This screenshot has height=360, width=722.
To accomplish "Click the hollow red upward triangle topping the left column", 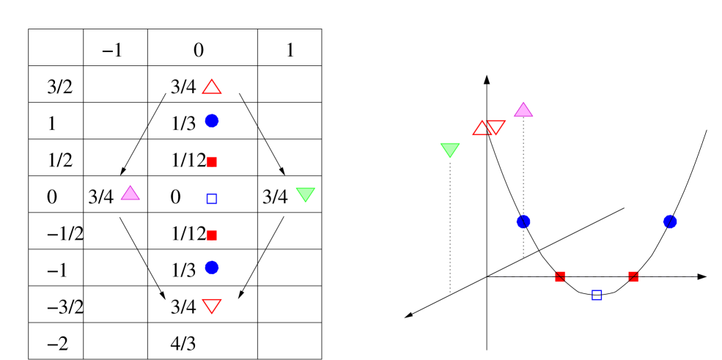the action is point(212,88).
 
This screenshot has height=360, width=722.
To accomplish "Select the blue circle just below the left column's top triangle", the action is point(212,121).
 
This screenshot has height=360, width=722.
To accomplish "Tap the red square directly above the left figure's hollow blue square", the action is point(212,162).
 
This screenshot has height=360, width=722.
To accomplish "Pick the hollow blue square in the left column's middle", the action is point(212,199).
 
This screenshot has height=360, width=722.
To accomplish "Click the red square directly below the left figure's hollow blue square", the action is point(212,235).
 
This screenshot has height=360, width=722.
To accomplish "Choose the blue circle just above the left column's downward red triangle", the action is point(212,268).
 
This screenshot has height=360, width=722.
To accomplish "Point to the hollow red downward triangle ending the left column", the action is point(212,305).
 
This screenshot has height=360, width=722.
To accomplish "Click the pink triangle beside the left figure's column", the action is point(130,194).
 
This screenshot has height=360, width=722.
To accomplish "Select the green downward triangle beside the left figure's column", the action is point(306,194).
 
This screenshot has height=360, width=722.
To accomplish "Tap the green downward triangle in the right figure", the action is point(450,150).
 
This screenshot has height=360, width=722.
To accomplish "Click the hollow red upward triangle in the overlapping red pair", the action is point(482,129).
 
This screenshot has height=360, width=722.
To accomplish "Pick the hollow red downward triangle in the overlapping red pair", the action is point(496,127).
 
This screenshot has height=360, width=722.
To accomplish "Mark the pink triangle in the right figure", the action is point(523,111).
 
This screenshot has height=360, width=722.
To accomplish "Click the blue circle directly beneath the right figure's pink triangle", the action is point(523,221).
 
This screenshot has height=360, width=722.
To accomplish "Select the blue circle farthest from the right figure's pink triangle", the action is point(670,221).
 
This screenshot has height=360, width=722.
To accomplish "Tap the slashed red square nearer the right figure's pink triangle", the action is point(560,276).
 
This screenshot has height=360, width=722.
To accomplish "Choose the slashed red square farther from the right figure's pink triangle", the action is point(633,276).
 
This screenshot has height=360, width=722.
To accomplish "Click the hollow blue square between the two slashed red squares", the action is point(597,295).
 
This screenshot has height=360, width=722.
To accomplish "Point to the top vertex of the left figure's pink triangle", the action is point(130,185).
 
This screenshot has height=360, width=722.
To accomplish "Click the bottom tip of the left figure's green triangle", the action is point(306,202).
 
